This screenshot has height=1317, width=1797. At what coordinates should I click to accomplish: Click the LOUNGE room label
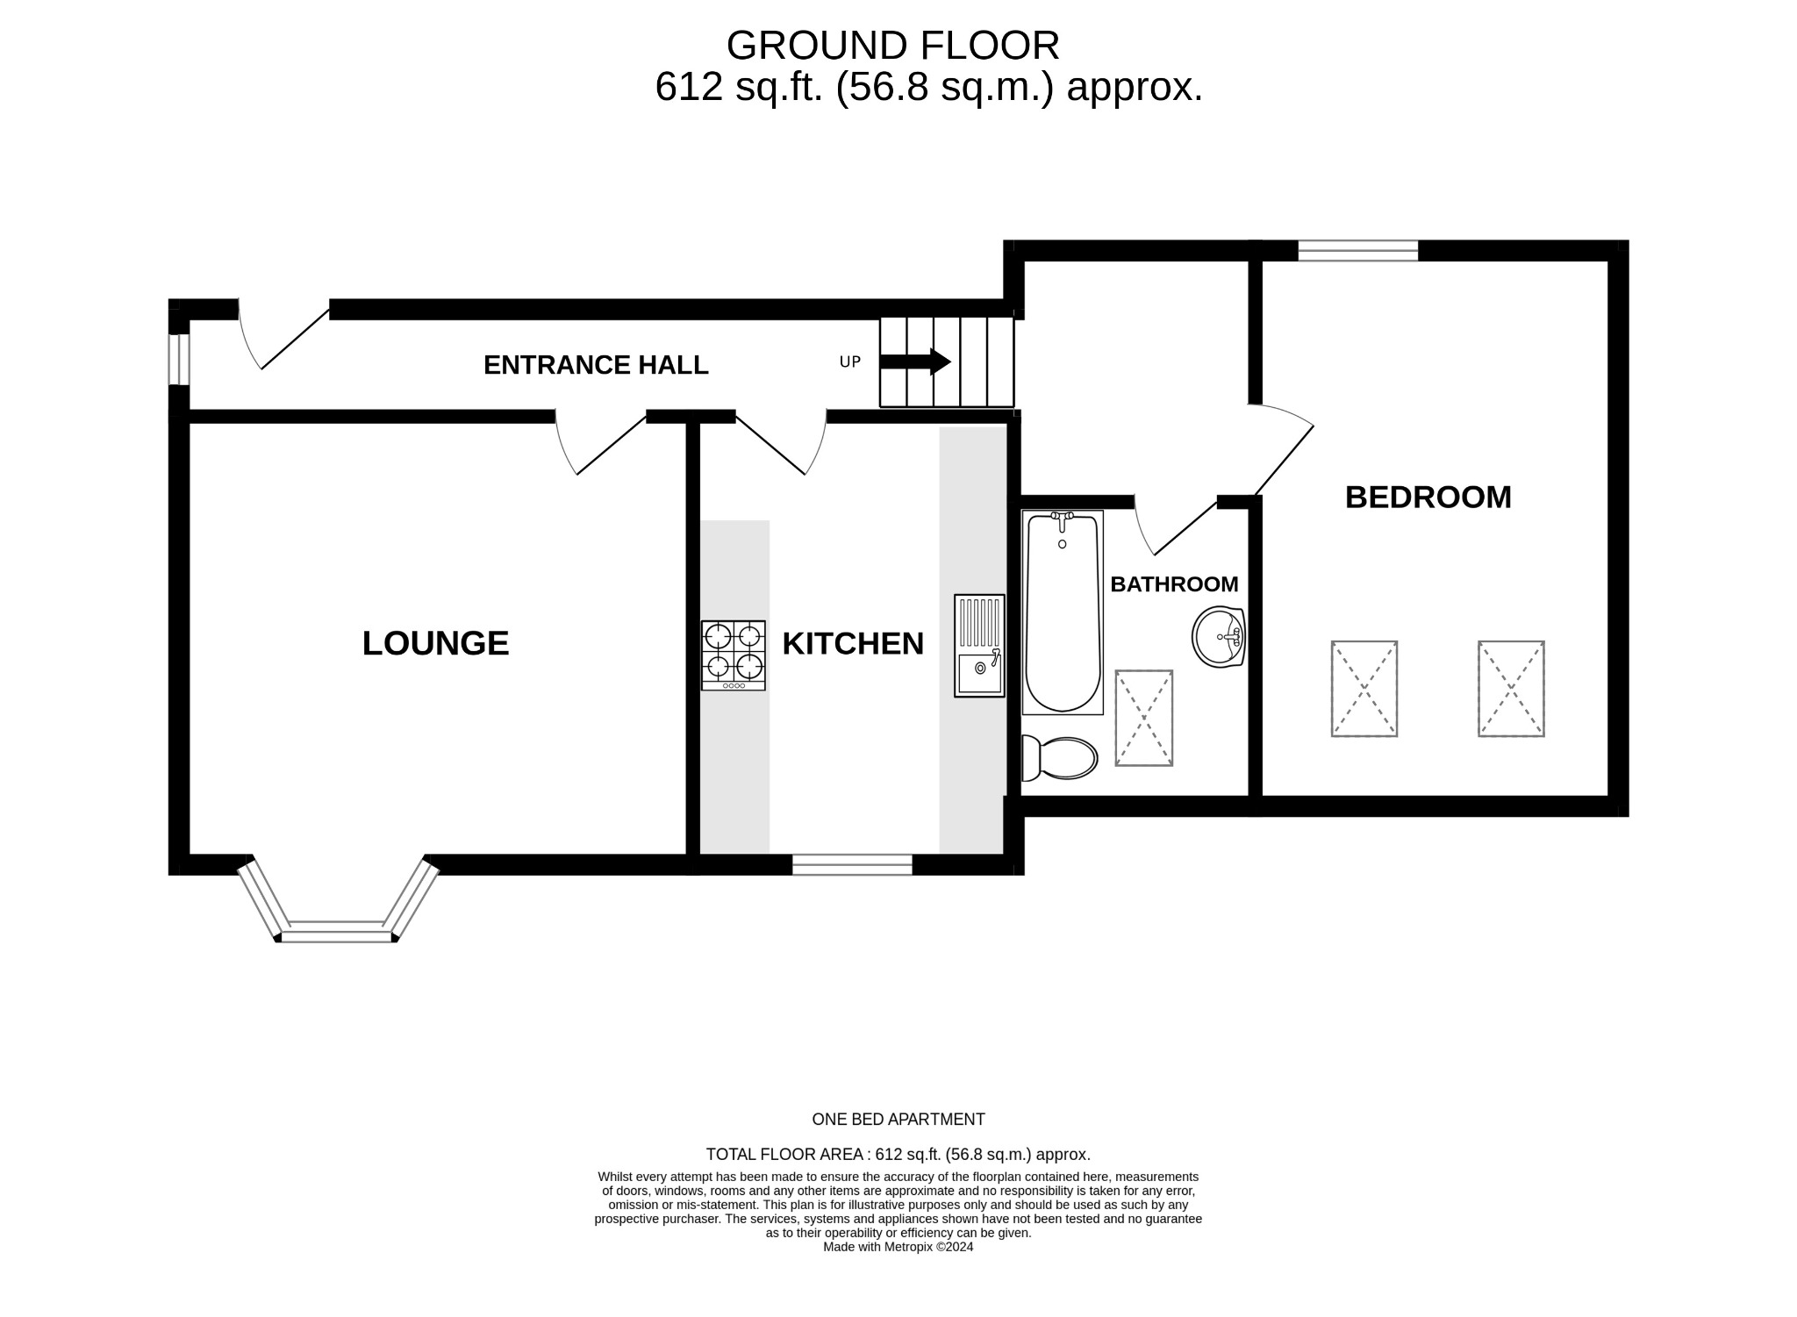[435, 643]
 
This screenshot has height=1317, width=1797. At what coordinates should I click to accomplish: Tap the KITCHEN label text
[853, 643]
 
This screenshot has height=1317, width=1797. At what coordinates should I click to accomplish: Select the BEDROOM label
[1428, 497]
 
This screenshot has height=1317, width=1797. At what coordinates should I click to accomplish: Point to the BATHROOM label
[1174, 584]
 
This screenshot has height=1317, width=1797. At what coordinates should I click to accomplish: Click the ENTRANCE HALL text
[596, 365]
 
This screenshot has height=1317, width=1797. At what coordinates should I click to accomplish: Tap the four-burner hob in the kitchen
[733, 655]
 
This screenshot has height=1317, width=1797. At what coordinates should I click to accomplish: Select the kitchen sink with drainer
[979, 647]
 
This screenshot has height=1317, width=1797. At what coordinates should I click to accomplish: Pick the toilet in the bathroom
[1060, 758]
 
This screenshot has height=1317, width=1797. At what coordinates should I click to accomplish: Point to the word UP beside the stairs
[849, 361]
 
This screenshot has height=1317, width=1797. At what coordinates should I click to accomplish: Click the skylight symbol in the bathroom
[1143, 718]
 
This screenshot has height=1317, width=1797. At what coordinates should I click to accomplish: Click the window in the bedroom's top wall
[1357, 251]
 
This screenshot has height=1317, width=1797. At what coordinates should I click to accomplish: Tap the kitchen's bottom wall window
[852, 864]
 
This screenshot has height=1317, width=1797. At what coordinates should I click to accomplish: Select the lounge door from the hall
[601, 443]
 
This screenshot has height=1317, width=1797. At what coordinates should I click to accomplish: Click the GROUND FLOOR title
[892, 46]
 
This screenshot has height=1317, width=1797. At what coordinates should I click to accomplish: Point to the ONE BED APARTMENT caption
[898, 1120]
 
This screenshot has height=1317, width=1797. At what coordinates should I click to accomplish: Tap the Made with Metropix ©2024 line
[898, 1247]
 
